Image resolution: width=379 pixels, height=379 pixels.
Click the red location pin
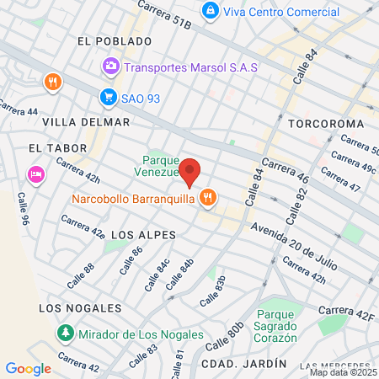tap(190, 171)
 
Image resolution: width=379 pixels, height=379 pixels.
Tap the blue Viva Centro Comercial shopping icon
tap(210, 12)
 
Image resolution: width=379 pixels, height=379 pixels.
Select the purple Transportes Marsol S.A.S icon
tap(111, 66)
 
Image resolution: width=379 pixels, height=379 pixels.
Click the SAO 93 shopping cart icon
tap(108, 98)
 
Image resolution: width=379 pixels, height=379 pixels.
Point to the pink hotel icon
tap(36, 174)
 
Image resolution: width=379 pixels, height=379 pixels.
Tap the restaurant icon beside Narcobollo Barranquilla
tap(207, 199)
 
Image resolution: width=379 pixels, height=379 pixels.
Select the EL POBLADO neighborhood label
tap(113, 40)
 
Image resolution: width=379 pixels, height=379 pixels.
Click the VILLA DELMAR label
tap(86, 122)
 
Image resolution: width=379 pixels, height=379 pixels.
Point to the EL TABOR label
tap(57, 148)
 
